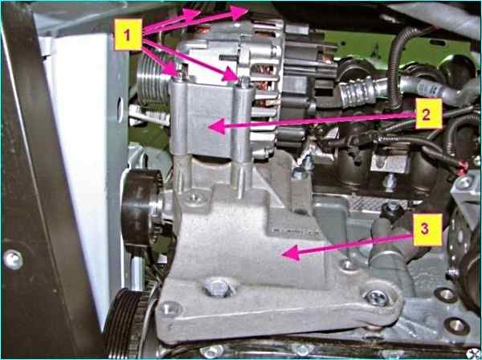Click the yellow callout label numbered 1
129,35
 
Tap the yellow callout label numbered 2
429,113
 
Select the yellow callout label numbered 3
427,230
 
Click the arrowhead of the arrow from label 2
217,126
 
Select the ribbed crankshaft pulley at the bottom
129,323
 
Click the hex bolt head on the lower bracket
217,288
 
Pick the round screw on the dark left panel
13,260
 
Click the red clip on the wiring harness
463,169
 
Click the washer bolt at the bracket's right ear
378,298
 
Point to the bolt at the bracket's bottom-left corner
170,309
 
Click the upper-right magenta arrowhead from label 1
239,12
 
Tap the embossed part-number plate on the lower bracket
292,231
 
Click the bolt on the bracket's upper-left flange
193,197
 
